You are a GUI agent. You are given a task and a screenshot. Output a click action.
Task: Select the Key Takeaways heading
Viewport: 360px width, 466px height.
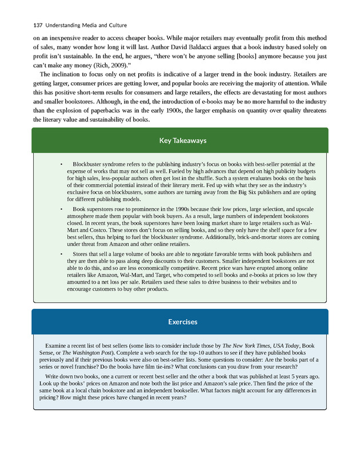pyautogui.click(x=179, y=141)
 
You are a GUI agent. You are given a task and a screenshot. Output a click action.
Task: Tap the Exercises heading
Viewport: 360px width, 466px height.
pyautogui.click(x=179, y=322)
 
